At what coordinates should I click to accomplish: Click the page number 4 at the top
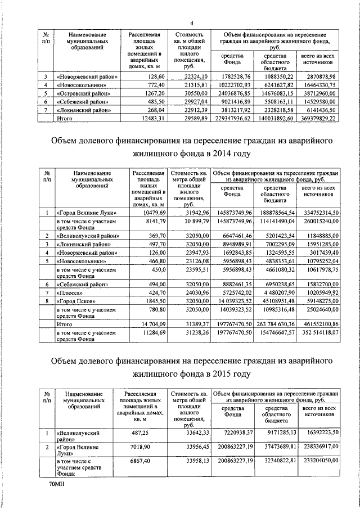[192, 22]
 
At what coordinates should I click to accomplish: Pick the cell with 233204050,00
[318, 460]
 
